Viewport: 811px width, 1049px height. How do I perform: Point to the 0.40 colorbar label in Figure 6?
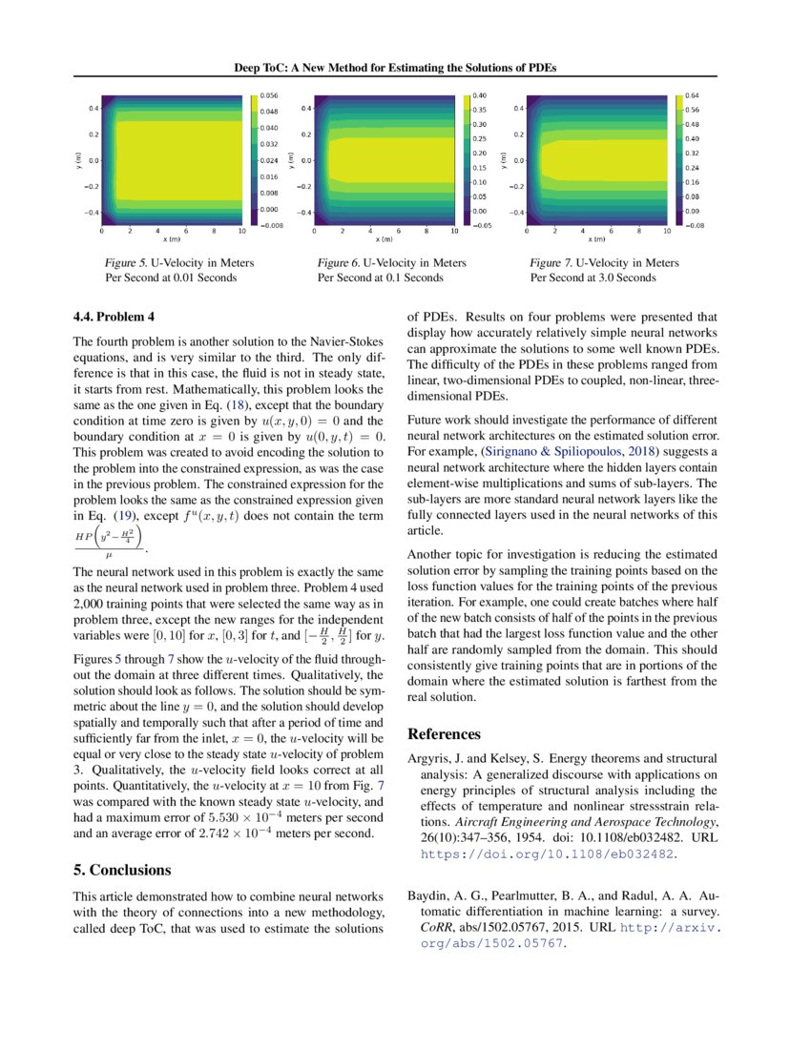(481, 96)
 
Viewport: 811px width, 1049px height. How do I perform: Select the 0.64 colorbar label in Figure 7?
(693, 96)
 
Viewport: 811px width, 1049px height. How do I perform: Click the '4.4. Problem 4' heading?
(114, 316)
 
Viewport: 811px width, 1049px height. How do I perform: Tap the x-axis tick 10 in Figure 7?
(666, 232)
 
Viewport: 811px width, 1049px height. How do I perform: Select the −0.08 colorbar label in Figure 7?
(693, 225)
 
